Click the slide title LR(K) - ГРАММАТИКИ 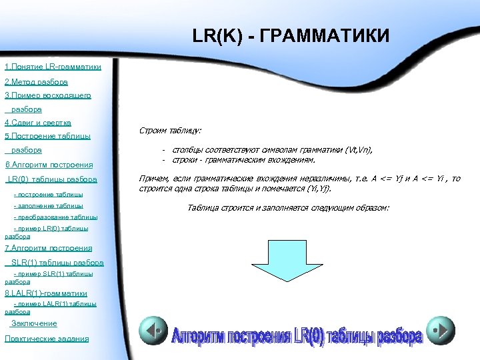(x=290, y=35)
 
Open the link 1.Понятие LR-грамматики (x=53, y=67)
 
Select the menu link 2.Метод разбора (x=36, y=82)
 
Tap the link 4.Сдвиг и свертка (x=38, y=123)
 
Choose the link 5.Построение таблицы (x=47, y=137)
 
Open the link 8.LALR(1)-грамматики (x=46, y=293)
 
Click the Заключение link (x=34, y=323)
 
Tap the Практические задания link (x=46, y=339)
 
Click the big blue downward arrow (x=270, y=267)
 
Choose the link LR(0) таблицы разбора (x=53, y=179)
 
